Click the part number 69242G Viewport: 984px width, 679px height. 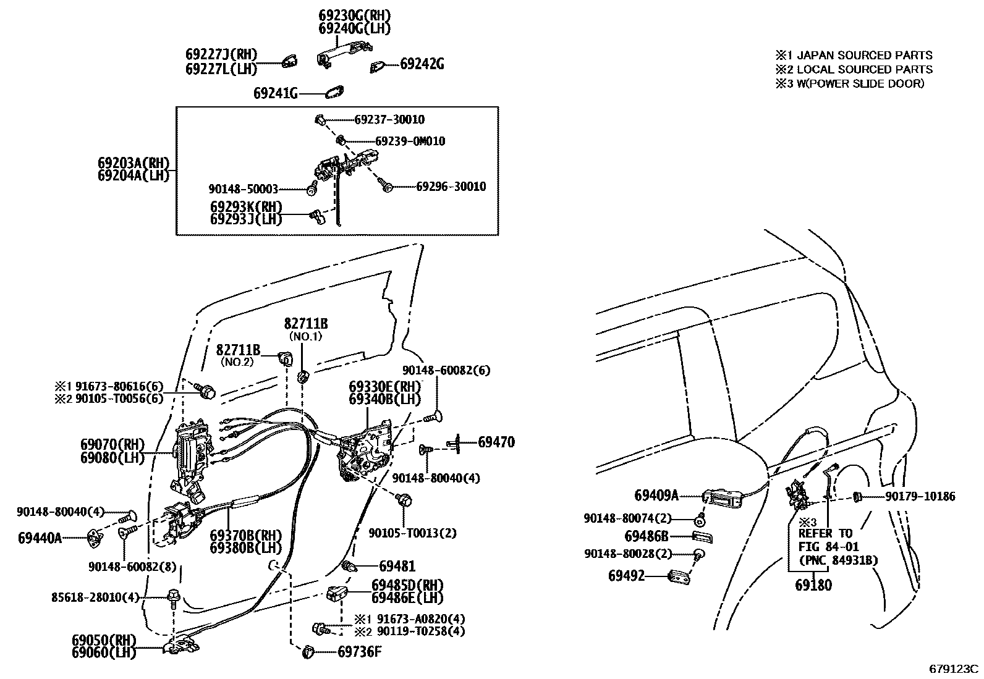pyautogui.click(x=422, y=64)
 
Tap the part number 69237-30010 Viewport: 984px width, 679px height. pyautogui.click(x=389, y=120)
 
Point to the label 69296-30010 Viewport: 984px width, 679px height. pyautogui.click(x=451, y=187)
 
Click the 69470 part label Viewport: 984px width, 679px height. pyautogui.click(x=496, y=442)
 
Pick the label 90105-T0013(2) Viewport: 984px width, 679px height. pyautogui.click(x=412, y=533)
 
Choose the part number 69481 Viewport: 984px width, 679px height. pyautogui.click(x=397, y=566)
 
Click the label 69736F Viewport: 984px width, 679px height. pyautogui.click(x=359, y=651)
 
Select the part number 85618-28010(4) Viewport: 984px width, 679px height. pyautogui.click(x=96, y=597)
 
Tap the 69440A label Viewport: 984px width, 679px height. pyautogui.click(x=40, y=538)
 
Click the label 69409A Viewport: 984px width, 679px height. pyautogui.click(x=656, y=495)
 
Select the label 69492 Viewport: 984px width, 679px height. pyautogui.click(x=626, y=576)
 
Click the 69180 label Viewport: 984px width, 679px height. pyautogui.click(x=813, y=584)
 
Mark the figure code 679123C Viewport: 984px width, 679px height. pyautogui.click(x=954, y=668)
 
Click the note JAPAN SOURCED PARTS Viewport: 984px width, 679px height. pyautogui.click(x=864, y=55)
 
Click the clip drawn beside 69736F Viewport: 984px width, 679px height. pyautogui.click(x=310, y=652)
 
